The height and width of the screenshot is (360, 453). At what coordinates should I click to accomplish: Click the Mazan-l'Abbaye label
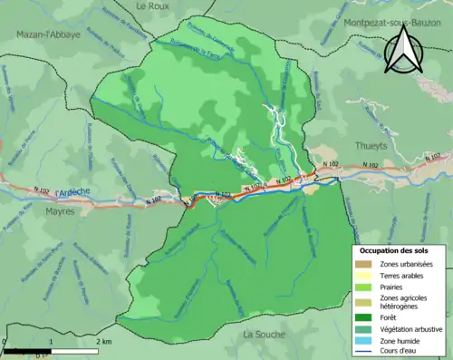pos(48,34)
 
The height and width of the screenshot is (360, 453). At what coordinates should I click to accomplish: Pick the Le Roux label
pos(154,5)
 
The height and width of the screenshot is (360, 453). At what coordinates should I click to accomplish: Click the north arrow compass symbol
pos(400,51)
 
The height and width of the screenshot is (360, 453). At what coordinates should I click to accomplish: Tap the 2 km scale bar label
pos(104,342)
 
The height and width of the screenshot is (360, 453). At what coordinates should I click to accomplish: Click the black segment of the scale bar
pos(27,350)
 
